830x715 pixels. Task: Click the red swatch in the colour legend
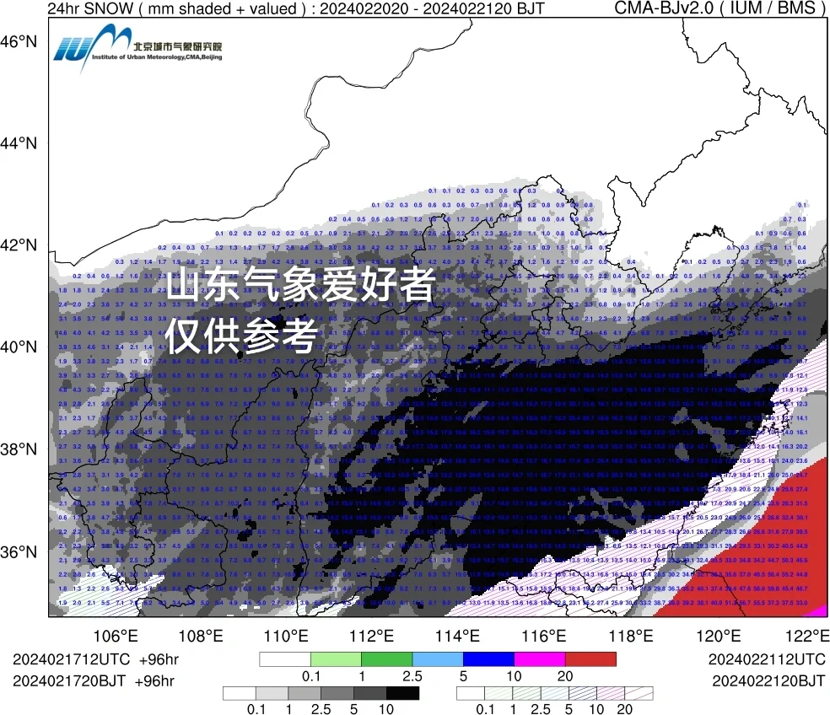(x=590, y=659)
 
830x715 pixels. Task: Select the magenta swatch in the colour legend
(x=540, y=659)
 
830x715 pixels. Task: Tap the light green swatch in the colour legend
(x=336, y=659)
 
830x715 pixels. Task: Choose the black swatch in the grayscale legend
(x=403, y=693)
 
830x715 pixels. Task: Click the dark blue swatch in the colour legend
(x=488, y=659)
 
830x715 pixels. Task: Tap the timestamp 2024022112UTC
(x=767, y=659)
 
